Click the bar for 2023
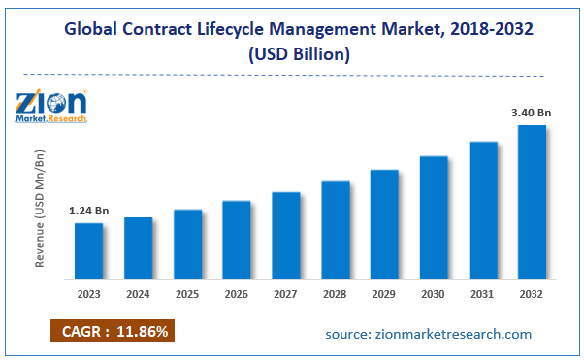tap(89, 250)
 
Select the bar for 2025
tap(187, 244)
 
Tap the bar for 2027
tap(285, 235)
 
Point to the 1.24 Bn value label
tap(88, 211)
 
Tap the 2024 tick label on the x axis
tap(139, 294)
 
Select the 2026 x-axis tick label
tap(237, 294)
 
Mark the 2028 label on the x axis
tap(335, 294)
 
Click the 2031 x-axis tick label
tap(482, 294)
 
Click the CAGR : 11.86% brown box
tap(112, 332)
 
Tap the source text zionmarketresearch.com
tap(428, 334)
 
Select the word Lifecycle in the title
tap(246, 30)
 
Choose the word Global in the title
tap(93, 30)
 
